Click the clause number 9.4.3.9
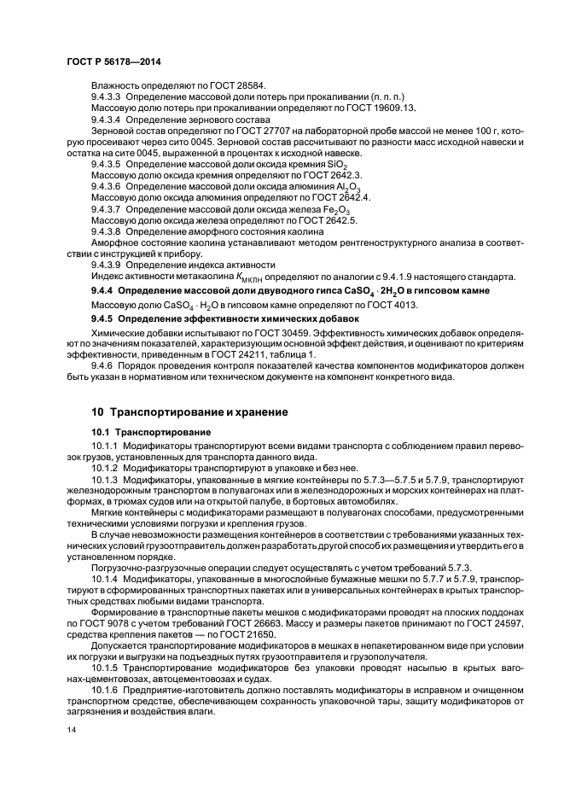coord(107,265)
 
